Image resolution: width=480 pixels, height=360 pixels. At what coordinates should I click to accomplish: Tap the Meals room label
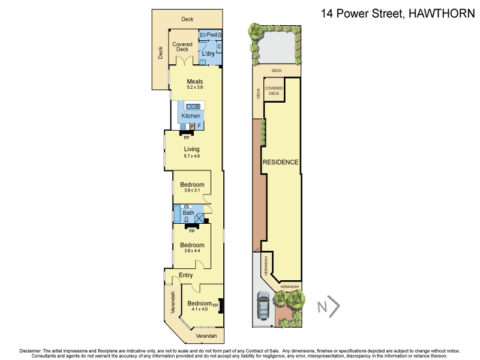point(195,82)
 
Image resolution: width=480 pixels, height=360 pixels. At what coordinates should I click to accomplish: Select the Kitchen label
point(191,116)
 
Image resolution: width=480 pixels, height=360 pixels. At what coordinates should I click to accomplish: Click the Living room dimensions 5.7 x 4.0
point(191,156)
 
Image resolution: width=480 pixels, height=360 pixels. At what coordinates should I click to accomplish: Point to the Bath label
point(188,212)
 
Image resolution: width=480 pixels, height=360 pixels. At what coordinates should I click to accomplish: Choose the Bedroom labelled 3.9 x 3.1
point(192,185)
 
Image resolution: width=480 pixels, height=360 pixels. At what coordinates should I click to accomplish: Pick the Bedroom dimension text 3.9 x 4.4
point(192,251)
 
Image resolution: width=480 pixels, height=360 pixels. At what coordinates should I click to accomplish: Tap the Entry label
point(186,275)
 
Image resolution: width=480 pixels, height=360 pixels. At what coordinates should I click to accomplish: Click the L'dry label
point(208,54)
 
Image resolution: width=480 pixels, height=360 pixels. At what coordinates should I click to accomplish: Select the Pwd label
point(212,35)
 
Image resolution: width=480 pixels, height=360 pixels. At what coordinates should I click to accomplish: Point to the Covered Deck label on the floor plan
point(182,47)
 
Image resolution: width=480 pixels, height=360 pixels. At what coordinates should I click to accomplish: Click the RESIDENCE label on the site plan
point(280,162)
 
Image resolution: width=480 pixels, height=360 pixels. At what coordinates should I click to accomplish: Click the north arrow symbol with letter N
point(328,308)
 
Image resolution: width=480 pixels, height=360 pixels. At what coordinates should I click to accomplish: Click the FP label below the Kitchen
point(187,137)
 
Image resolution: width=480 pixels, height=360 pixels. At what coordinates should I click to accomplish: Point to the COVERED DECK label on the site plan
point(274,91)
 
